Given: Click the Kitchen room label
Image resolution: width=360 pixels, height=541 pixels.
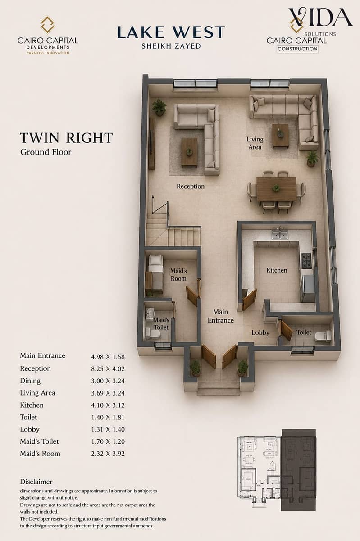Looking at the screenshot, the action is pos(277,270).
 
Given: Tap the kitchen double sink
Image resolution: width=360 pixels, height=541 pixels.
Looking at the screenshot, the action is pos(280,234).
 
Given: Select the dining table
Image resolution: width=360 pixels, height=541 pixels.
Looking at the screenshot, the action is pos(276,189).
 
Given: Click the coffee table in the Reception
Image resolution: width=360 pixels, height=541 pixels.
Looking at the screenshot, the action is pos(189,152).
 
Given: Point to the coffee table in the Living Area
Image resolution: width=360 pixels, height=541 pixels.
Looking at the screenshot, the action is pos(280,136).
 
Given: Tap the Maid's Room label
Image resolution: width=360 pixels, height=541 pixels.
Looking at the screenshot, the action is pos(178,275).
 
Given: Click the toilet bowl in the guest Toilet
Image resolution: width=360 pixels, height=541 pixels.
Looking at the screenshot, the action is pos(323,336).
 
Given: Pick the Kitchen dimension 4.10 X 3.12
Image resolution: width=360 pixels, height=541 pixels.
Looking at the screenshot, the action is pos(108,405).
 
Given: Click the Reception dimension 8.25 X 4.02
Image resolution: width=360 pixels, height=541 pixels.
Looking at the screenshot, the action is pos(108,369).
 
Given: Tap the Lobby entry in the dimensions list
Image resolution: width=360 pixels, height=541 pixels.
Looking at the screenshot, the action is pos(30,429).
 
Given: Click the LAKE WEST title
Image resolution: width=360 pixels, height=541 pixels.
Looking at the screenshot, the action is pos(171,32).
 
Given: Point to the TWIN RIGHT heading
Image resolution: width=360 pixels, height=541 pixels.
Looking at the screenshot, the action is pos(66,138).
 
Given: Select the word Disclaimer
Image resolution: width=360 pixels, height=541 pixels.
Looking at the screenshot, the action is pos(36,482).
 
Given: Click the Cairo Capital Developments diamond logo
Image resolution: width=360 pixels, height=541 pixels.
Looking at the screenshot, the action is pos(48,24).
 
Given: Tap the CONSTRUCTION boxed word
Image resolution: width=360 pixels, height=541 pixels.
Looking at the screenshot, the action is pos(297,49).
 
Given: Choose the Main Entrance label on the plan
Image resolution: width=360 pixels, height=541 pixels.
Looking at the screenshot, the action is pos(221,316).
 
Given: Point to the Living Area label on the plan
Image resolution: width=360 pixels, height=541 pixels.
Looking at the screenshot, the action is pos(255,143).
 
